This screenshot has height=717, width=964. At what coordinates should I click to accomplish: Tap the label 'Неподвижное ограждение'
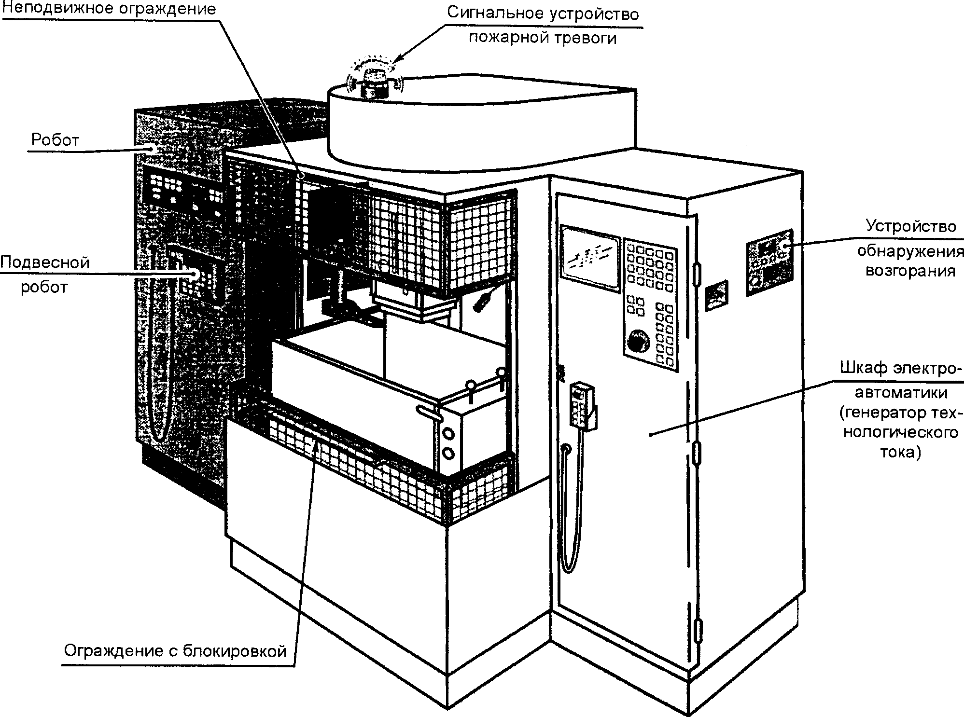(x=109, y=9)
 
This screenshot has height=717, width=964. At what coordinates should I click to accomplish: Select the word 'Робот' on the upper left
(x=55, y=140)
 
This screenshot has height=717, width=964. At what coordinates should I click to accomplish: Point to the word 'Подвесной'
(x=45, y=262)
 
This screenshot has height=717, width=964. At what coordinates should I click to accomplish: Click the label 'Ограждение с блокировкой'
(x=176, y=651)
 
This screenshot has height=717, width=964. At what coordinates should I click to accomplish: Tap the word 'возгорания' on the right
(x=910, y=270)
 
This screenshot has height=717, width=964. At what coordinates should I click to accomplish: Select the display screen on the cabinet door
(x=590, y=259)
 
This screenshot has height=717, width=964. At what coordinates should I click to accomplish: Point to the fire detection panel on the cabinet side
(x=769, y=262)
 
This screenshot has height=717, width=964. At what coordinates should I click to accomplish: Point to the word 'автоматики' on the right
(x=902, y=392)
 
